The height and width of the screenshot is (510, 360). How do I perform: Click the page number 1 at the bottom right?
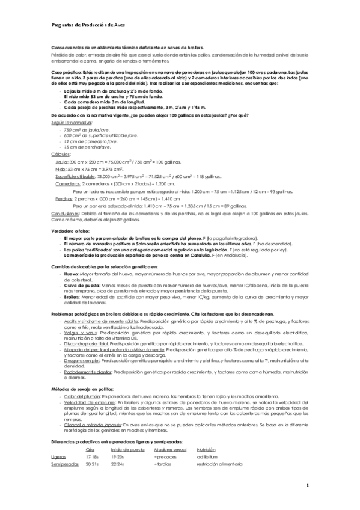[307, 485]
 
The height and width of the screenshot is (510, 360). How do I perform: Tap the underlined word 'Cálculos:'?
[61, 155]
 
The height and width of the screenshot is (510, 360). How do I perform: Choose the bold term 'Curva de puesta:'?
[80, 286]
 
